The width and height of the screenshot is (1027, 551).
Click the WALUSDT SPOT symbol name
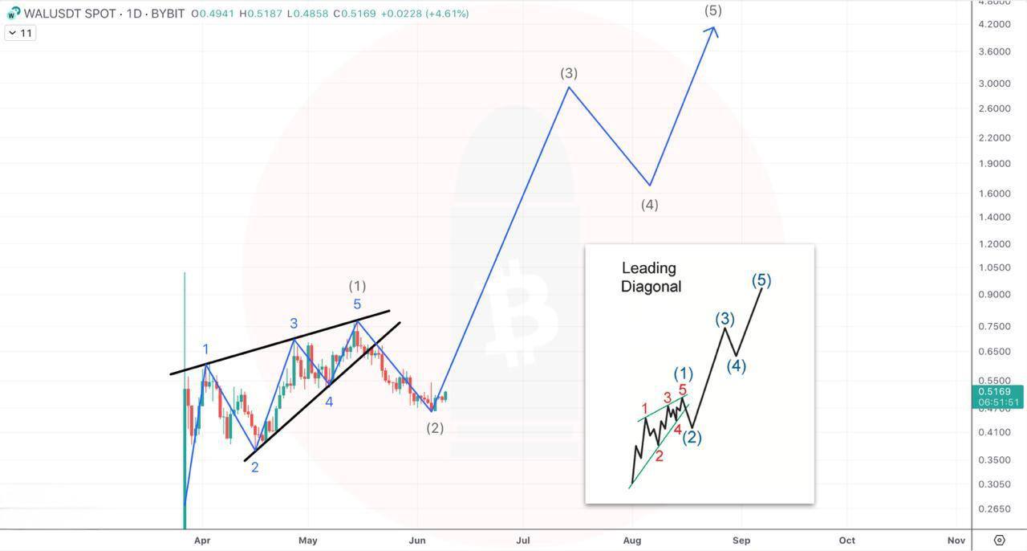tap(70, 14)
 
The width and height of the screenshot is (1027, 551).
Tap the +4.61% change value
tap(447, 14)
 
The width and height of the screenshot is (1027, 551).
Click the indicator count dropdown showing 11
tap(20, 33)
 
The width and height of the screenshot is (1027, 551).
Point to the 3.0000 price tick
tap(994, 84)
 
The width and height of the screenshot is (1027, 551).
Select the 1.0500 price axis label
tap(994, 267)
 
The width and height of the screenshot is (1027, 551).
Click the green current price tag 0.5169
tap(997, 397)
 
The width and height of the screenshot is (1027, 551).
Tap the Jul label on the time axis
tap(523, 541)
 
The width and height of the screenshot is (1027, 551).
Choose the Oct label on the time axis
tap(846, 541)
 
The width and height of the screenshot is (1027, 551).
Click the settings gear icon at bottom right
tap(1000, 540)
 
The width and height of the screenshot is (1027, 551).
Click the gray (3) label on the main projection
tap(569, 73)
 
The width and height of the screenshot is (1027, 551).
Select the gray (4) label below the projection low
tap(650, 205)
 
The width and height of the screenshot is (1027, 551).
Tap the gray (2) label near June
tap(435, 428)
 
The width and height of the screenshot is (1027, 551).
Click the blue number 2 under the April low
tap(255, 467)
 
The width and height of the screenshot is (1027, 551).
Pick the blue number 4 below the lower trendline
tap(329, 402)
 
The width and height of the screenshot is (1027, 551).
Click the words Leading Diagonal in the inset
tap(651, 277)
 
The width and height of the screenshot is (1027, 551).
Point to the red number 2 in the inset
tap(660, 456)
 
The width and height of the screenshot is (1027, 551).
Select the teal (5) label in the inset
tap(761, 280)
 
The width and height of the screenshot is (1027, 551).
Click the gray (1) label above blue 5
tap(357, 286)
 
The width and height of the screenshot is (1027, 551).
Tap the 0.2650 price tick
tap(994, 508)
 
